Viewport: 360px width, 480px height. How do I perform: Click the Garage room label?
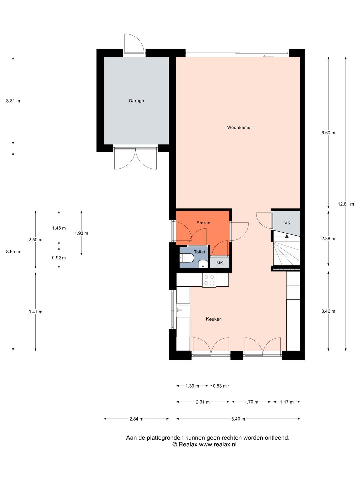[x=136, y=101]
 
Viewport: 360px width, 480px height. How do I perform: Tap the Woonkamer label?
[x=239, y=127]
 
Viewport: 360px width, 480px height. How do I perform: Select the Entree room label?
[x=203, y=223]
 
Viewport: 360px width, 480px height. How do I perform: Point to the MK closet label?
[x=220, y=263]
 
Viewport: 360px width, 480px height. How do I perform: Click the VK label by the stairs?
[x=287, y=223]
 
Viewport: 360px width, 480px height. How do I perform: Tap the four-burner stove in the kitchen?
[x=209, y=280]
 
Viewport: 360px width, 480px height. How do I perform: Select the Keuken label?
[x=214, y=319]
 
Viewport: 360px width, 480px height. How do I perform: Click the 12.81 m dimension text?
[x=346, y=204]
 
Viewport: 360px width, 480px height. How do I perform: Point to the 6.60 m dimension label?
[x=328, y=133]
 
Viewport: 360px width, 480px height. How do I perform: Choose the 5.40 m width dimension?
[x=238, y=419]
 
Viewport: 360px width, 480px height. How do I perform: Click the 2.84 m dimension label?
[x=136, y=419]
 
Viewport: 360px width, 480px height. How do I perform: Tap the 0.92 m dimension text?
[x=59, y=258]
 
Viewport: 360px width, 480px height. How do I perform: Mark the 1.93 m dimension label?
[x=81, y=233]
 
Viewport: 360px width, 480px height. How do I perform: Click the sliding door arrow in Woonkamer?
[x=268, y=56]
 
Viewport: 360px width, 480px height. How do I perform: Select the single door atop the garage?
[x=134, y=43]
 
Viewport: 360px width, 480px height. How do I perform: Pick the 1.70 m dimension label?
[x=251, y=402]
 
